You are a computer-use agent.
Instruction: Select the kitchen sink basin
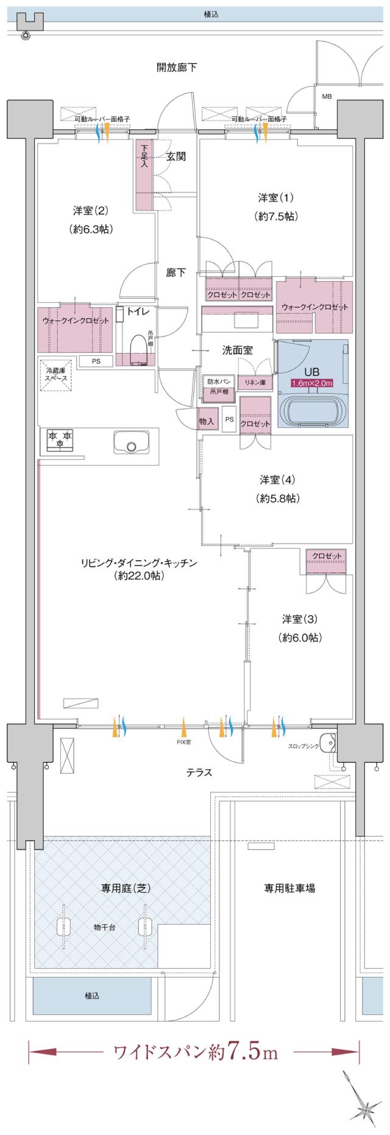(x=131, y=441)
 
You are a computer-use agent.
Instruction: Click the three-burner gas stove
(x=60, y=439)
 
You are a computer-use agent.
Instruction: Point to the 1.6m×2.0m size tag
(x=312, y=383)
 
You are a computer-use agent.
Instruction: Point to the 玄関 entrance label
(x=176, y=157)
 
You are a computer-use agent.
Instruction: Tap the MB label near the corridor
(x=327, y=96)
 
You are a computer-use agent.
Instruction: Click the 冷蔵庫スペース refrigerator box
(x=55, y=374)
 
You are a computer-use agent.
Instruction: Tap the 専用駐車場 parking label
(x=289, y=888)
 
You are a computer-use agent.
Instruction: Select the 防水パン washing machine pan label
(x=218, y=381)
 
